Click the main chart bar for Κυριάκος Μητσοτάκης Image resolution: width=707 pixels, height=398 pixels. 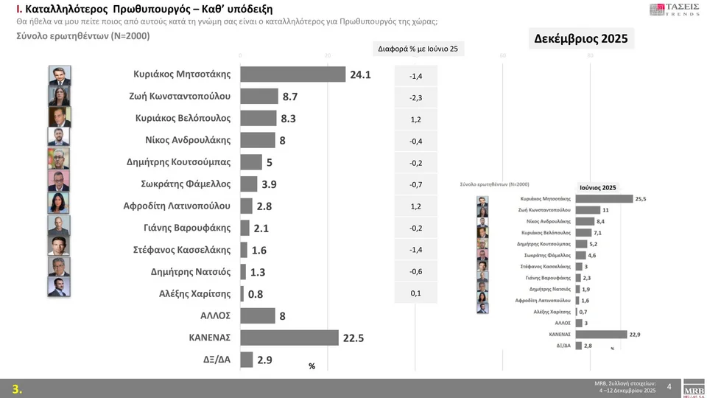pyautogui.click(x=293, y=74)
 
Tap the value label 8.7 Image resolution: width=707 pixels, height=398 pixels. pyautogui.click(x=289, y=97)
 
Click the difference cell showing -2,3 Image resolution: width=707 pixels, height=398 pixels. pyautogui.click(x=416, y=97)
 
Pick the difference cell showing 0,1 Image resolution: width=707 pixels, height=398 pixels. pyautogui.click(x=416, y=293)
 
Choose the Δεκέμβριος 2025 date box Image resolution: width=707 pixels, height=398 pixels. pyautogui.click(x=581, y=39)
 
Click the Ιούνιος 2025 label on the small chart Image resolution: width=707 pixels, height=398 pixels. pyautogui.click(x=597, y=187)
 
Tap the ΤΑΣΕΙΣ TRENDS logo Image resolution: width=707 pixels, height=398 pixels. pyautogui.click(x=674, y=10)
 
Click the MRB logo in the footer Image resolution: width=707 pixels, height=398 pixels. pyautogui.click(x=694, y=388)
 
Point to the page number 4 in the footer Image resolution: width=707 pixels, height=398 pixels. pyautogui.click(x=669, y=387)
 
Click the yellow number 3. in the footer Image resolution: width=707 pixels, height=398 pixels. pyautogui.click(x=17, y=389)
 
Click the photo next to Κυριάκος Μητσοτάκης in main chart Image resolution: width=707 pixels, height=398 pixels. pyautogui.click(x=60, y=75)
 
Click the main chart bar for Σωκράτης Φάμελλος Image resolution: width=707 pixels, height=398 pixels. pyautogui.click(x=249, y=184)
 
